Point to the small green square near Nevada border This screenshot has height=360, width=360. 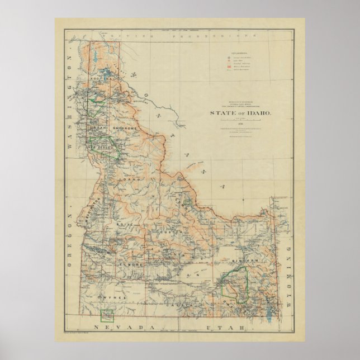pos(107,316)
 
